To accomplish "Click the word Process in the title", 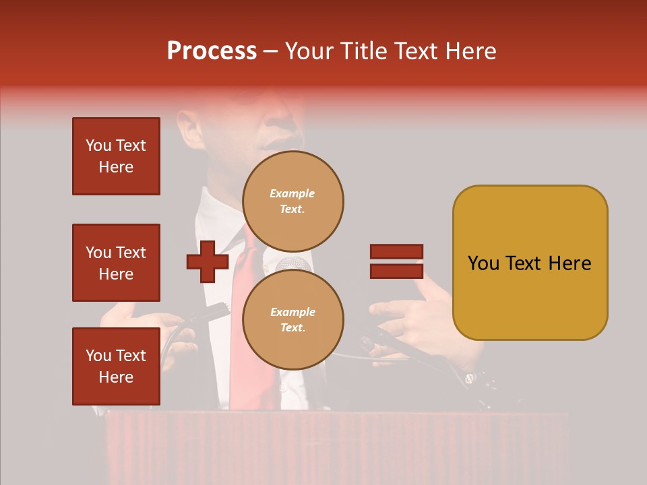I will (212, 51).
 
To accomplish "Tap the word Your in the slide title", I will (311, 51).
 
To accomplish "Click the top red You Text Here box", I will (116, 156).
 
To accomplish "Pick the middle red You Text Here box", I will (116, 263).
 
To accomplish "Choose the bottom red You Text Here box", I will (116, 366).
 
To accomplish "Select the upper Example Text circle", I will (292, 201).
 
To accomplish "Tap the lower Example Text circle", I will (292, 319).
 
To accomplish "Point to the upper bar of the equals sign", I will (396, 251).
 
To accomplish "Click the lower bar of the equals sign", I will (396, 271).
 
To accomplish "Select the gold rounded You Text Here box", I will (530, 263).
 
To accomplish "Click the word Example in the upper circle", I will (292, 193).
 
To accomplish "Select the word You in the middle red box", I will (98, 253).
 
